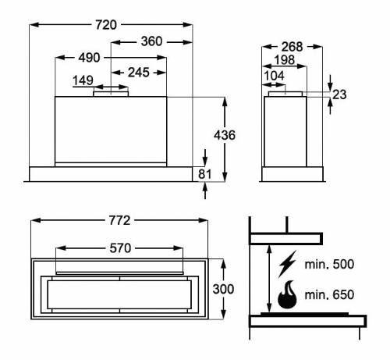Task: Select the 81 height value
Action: click(x=205, y=173)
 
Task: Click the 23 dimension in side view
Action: click(x=339, y=94)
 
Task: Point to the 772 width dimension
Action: click(x=118, y=220)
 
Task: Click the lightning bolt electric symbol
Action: click(x=285, y=265)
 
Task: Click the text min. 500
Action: click(x=331, y=265)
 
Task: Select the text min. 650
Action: click(x=331, y=295)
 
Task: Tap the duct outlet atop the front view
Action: click(x=111, y=93)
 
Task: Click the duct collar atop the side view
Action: click(x=288, y=94)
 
